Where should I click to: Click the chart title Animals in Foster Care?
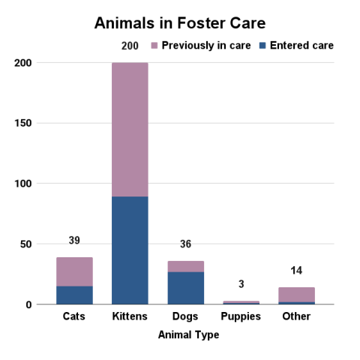[180, 22]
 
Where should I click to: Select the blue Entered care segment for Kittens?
[130, 250]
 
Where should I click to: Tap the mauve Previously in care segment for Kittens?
[130, 129]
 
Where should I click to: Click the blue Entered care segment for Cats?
[74, 295]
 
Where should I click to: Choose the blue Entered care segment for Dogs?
[185, 288]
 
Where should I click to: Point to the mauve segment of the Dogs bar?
[185, 266]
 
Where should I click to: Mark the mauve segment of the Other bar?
[296, 294]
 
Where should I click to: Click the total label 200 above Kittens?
[130, 46]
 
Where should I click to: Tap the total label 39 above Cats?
[74, 241]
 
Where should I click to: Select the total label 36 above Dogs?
[185, 244]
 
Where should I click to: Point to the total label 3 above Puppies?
[241, 284]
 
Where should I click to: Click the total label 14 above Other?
[296, 271]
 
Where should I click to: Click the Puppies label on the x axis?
[241, 316]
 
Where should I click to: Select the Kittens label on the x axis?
[130, 316]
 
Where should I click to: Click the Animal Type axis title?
[188, 335]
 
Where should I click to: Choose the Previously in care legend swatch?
[156, 46]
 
